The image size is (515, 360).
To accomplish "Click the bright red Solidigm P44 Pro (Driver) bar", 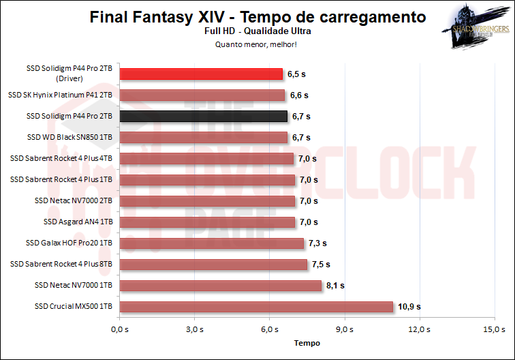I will point(201,74).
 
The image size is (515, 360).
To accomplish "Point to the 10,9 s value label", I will point(410,306).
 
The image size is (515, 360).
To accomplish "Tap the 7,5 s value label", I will point(320,264).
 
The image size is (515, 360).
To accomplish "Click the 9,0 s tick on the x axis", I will point(345,329).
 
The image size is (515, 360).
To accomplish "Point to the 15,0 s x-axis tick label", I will point(495,329).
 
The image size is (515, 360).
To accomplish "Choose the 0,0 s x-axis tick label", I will point(119,329).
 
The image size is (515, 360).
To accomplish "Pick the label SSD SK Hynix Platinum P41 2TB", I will point(69,95).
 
